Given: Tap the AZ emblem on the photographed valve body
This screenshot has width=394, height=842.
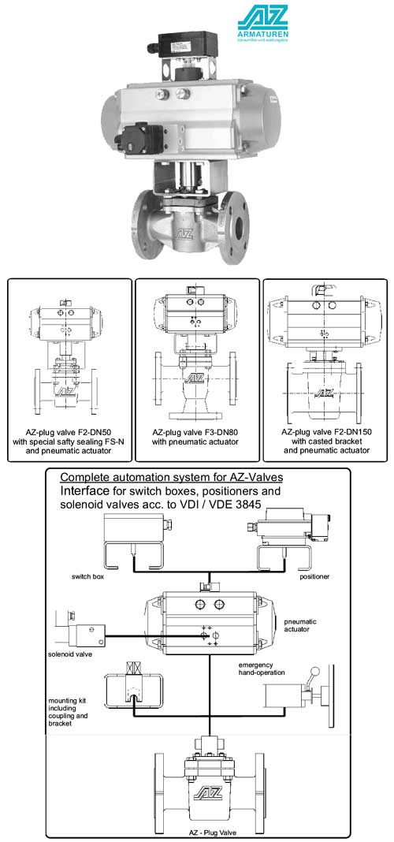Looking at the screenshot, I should click(x=184, y=233).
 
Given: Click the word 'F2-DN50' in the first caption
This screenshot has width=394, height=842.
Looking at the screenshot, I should click(x=94, y=432).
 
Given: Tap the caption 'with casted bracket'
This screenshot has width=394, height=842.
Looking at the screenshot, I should click(x=325, y=441).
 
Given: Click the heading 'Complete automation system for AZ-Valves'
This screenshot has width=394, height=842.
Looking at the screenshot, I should click(x=171, y=478).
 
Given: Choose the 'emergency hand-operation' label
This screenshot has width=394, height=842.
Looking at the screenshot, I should click(x=266, y=669).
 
